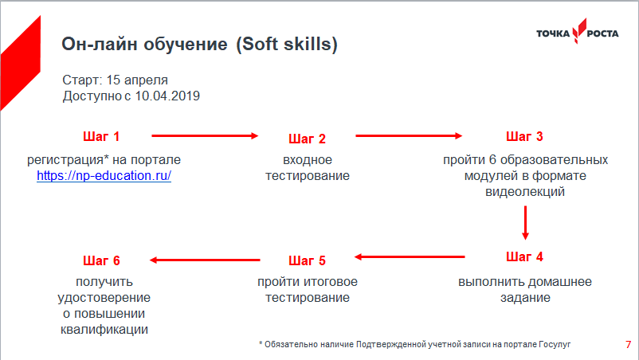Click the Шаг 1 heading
coord(101,136)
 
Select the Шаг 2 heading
coord(307,139)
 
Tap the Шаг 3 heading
coord(524,136)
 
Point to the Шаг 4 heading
coord(524,256)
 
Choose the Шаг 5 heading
coord(307,260)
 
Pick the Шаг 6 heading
coord(101,260)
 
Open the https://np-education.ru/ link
coord(104,175)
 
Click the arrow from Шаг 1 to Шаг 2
coord(205,135)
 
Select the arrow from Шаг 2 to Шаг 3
coord(409,135)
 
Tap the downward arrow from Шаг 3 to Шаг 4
coord(525,223)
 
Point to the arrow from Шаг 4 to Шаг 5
coord(410,256)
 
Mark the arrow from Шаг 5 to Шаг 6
coord(205,260)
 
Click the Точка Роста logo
coord(577,31)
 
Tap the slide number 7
coord(628,345)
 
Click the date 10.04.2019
coord(167,96)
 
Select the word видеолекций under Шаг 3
coord(525,191)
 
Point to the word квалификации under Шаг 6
coord(104,330)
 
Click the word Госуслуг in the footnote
coord(555,345)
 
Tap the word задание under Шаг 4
coord(525,298)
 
